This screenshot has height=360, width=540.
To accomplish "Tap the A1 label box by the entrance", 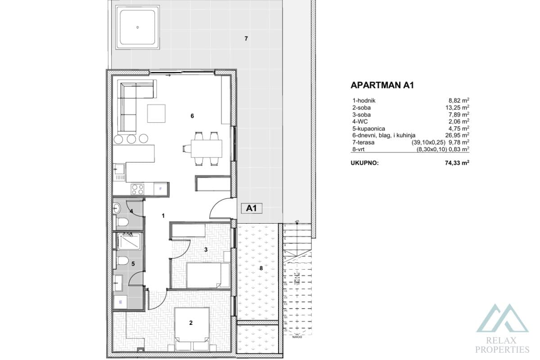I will tap(252, 208).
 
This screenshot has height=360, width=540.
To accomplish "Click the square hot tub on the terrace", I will tap(138, 27).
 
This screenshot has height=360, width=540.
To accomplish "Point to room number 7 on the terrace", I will tap(246, 39).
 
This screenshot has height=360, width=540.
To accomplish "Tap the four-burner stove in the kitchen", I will tap(137, 189).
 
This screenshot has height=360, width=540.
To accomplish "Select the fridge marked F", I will tap(161, 189).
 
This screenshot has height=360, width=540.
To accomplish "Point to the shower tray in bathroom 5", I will tap(129, 241).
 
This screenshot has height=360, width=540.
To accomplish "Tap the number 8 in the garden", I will tap(261, 269).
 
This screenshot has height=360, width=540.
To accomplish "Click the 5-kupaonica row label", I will tap(370, 128).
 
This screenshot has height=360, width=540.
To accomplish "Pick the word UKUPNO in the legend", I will tap(364, 164).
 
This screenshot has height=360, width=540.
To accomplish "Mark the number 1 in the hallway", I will tap(163, 216).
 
